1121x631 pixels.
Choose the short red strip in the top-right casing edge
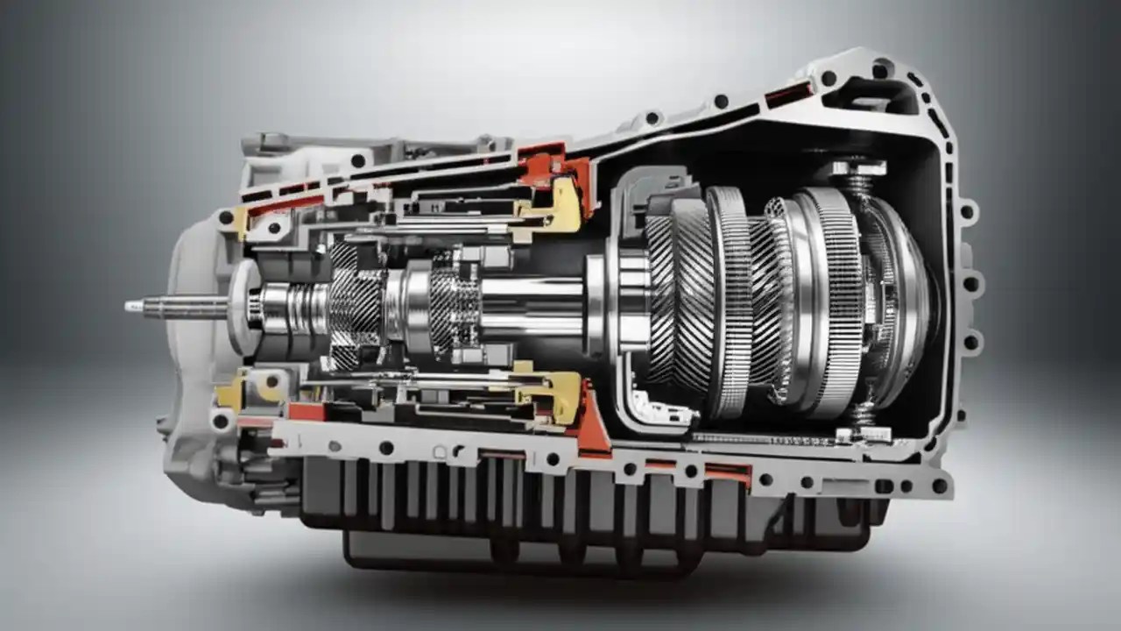(x=788, y=94)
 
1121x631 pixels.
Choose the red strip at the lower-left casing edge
(x=307, y=412)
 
